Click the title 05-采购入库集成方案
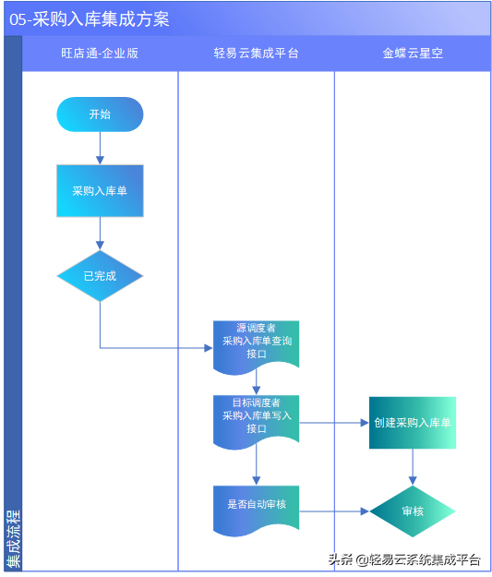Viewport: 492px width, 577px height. (x=90, y=19)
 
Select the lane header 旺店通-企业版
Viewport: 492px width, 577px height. (x=100, y=54)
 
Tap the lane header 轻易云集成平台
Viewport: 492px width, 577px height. (x=256, y=54)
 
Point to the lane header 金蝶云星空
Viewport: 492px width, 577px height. (x=413, y=54)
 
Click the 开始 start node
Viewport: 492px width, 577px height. (x=100, y=114)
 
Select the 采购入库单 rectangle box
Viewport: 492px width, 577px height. (x=100, y=191)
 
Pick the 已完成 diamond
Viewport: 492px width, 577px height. (x=100, y=275)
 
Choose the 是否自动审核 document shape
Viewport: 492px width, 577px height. (x=256, y=506)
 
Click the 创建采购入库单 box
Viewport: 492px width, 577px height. (x=413, y=423)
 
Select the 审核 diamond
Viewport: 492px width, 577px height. (x=413, y=511)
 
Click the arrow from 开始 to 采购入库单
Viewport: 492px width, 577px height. (x=100, y=148)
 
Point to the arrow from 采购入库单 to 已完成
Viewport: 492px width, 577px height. (x=100, y=233)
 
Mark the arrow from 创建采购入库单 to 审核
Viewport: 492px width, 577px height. (x=413, y=466)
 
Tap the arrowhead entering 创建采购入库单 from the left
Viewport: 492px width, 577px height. (x=364, y=423)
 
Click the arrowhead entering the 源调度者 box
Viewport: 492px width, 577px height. (x=208, y=348)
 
